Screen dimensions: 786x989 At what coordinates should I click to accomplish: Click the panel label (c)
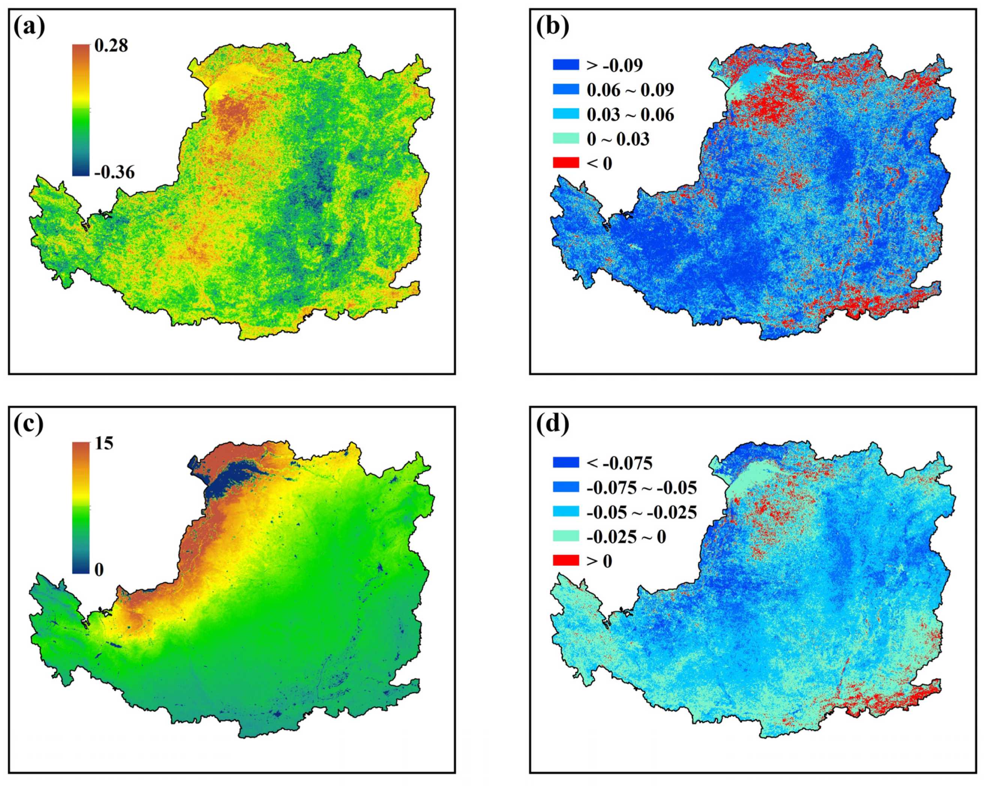click(29, 424)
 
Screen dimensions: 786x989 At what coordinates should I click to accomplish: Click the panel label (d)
click(552, 424)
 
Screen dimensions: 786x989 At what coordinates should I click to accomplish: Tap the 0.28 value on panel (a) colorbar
click(111, 45)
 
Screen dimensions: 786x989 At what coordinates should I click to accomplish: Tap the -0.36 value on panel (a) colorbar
click(114, 173)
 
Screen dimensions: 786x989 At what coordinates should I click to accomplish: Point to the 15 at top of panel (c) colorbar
click(104, 443)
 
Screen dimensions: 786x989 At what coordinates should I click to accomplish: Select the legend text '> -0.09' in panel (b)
click(615, 66)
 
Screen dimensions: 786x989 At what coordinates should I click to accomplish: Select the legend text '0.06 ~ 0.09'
click(630, 90)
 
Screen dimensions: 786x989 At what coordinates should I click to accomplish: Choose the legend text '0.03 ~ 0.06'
click(630, 115)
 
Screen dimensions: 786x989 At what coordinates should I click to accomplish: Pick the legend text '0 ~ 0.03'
click(618, 139)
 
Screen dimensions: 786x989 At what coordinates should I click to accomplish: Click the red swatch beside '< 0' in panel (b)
click(566, 163)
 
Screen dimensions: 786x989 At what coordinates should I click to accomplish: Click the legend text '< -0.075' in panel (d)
click(619, 463)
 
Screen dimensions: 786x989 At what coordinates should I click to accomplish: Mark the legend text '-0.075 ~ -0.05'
click(641, 487)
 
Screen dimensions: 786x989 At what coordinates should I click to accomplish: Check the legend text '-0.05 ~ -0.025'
click(641, 512)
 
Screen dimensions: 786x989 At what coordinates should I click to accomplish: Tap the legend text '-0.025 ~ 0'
click(626, 537)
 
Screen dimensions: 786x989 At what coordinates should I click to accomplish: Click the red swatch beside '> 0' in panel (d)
click(566, 561)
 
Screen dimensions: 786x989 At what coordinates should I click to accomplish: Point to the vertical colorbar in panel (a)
click(81, 110)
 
